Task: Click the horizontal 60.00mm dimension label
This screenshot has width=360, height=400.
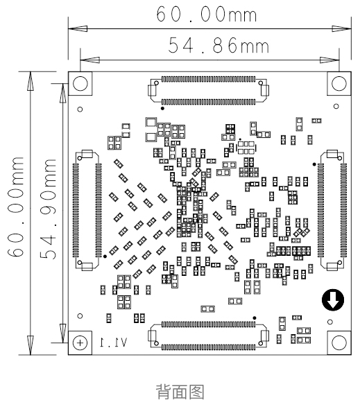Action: [206, 14]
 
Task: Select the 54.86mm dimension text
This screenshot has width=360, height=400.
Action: [218, 45]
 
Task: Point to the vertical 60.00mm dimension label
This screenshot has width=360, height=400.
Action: [15, 207]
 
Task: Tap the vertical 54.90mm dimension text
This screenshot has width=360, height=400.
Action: [48, 209]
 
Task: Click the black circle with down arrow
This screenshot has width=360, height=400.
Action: [333, 299]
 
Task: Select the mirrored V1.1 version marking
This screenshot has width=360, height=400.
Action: [113, 342]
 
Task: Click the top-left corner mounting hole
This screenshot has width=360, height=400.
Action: [80, 83]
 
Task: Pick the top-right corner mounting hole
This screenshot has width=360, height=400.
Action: [339, 83]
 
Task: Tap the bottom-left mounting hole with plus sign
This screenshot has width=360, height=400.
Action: [80, 342]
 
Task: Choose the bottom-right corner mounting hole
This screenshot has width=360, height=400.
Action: [339, 342]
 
